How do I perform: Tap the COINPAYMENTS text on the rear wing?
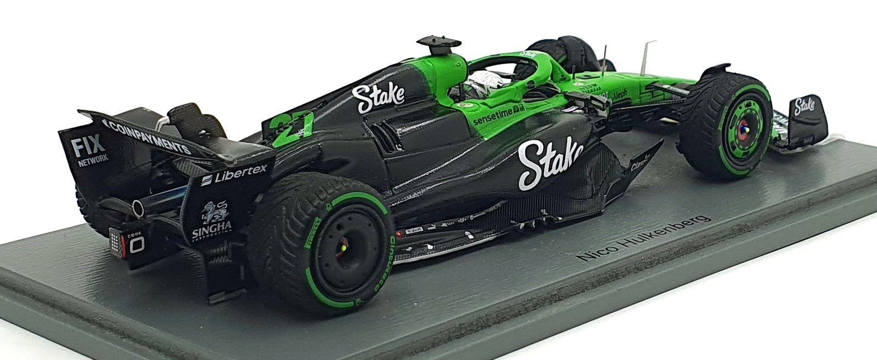[x=146, y=137]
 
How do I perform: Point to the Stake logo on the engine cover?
[x=378, y=96]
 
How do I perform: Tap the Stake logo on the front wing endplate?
[x=805, y=104]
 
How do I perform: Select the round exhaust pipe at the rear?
[x=138, y=208]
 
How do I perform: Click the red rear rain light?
[x=116, y=239]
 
